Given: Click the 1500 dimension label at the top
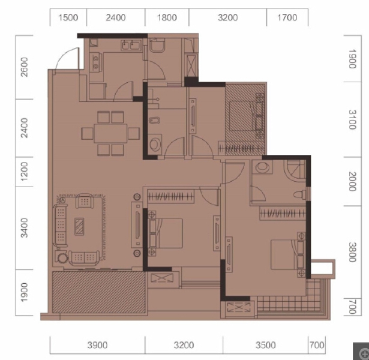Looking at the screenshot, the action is [68, 17].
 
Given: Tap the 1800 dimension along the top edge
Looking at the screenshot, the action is [167, 17].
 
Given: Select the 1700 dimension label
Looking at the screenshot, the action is [287, 17].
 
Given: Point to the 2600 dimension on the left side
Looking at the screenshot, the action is [24, 67].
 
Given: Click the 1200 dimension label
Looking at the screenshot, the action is [24, 171].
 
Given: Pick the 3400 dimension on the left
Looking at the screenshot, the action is [24, 228].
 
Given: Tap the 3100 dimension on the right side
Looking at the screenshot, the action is [352, 119].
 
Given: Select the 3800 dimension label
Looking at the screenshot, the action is [352, 252].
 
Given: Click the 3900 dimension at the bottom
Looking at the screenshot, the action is [97, 345].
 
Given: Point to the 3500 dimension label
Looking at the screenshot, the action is [266, 345].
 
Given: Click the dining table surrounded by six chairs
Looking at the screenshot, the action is [110, 133].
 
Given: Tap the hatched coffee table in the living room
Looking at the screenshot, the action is [79, 227].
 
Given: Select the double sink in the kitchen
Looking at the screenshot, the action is [131, 45].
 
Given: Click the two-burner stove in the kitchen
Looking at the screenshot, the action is [96, 63].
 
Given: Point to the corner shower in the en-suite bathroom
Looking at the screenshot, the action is [295, 170].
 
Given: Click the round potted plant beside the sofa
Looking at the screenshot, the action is [62, 257].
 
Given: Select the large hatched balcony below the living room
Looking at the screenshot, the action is [98, 292].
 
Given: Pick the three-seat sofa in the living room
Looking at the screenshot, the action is [61, 226].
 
